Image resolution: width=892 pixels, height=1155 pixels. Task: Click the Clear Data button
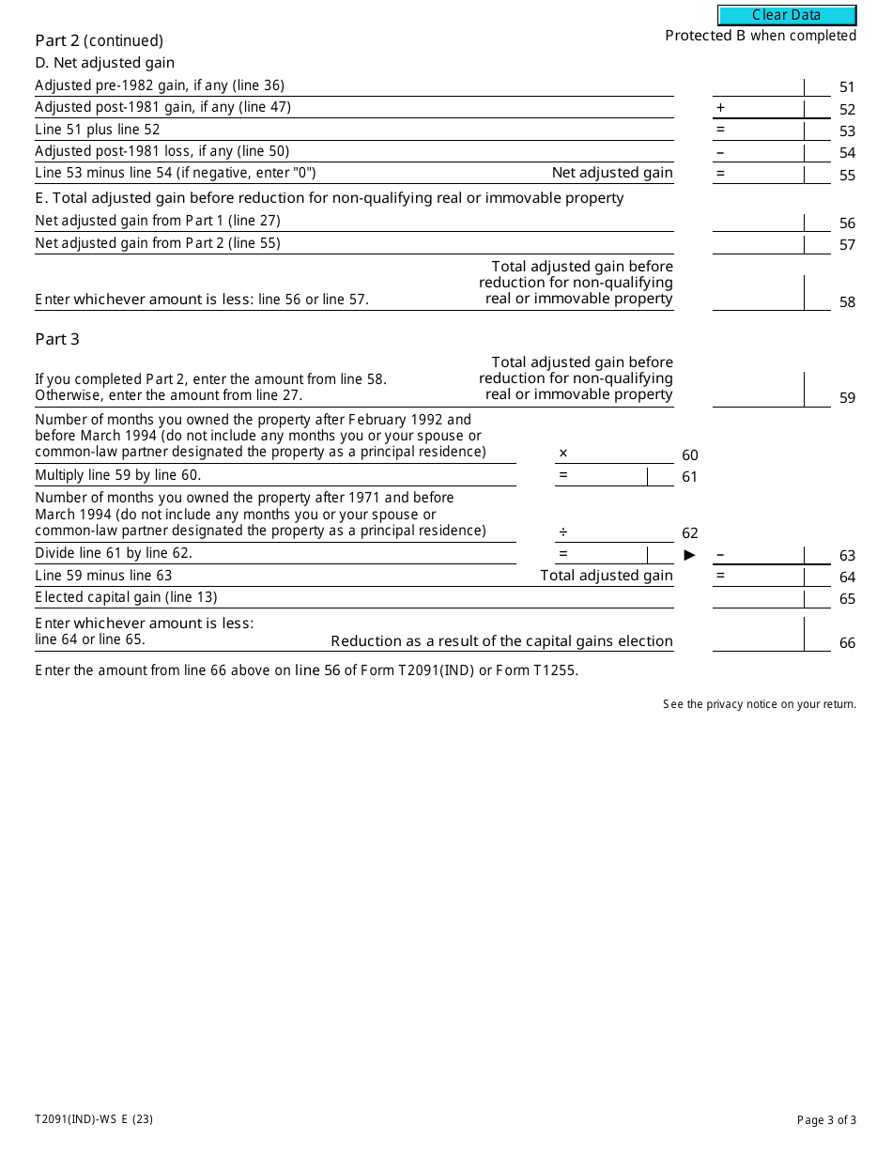tap(787, 15)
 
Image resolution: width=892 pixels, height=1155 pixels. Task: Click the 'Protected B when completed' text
tap(761, 36)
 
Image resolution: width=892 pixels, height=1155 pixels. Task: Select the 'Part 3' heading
tap(57, 339)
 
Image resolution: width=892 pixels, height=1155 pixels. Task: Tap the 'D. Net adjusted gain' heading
tap(105, 63)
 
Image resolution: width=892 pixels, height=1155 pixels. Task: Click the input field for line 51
tap(758, 86)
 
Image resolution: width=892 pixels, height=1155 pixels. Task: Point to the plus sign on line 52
tap(721, 108)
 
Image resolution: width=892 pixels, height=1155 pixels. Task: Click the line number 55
tap(847, 175)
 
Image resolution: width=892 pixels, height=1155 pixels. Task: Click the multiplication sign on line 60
tap(563, 454)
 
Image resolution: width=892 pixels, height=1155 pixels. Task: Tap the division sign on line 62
tap(563, 531)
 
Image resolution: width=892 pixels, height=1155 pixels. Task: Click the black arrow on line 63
tap(690, 555)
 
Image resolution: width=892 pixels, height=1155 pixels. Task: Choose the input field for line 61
tap(601, 476)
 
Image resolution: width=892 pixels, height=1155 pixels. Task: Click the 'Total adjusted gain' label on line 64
tap(607, 576)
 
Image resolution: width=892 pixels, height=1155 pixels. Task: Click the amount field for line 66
tap(758, 636)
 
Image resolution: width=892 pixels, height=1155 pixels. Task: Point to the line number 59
tap(847, 398)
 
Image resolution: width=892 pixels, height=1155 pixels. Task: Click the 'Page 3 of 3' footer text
tap(826, 1119)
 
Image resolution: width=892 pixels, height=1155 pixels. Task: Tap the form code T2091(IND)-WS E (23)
tap(94, 1119)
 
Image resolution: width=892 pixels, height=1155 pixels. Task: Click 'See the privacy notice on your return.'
tap(760, 704)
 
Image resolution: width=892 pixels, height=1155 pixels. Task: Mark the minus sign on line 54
tap(720, 152)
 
